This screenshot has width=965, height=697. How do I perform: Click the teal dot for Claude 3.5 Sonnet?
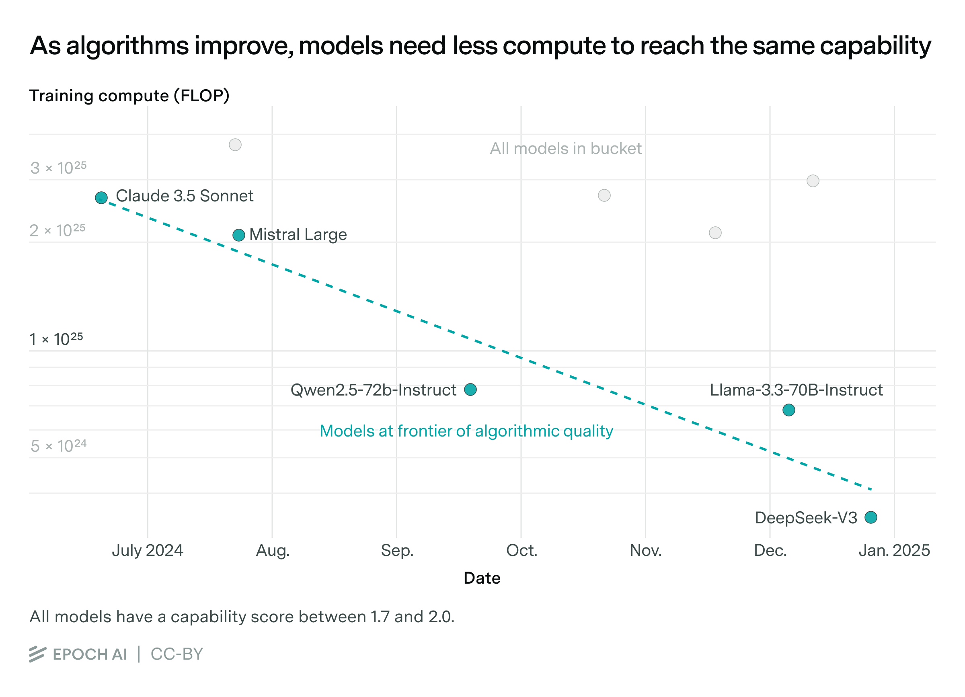tap(101, 198)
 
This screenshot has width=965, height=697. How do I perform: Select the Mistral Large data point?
tap(239, 235)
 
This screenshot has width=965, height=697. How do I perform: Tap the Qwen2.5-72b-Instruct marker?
tap(470, 389)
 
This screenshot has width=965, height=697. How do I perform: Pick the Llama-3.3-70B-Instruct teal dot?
tap(788, 410)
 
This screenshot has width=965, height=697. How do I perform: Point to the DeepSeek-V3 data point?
tap(871, 518)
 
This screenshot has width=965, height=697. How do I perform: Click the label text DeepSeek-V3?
tap(805, 518)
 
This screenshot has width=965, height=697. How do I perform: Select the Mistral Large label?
tap(298, 235)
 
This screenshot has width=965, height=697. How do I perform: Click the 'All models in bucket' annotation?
tap(565, 149)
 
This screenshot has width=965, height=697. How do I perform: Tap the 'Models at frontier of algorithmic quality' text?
tap(466, 431)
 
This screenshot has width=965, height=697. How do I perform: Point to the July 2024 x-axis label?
tap(147, 551)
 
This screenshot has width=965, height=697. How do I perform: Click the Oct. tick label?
tap(521, 551)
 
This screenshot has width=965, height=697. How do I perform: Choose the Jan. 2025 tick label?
tap(894, 551)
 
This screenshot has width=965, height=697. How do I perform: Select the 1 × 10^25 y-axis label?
tap(56, 339)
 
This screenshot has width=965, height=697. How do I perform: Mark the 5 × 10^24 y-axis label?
tap(58, 446)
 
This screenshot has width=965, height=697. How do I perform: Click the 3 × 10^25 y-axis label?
tap(58, 168)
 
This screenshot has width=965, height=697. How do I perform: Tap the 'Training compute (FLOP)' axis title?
tap(129, 96)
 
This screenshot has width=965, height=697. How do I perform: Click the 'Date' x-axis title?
tap(482, 578)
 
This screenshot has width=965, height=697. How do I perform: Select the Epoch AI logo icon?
tap(37, 654)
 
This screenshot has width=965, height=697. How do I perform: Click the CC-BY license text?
tap(177, 654)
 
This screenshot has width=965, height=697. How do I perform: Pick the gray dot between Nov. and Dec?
tap(715, 233)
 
